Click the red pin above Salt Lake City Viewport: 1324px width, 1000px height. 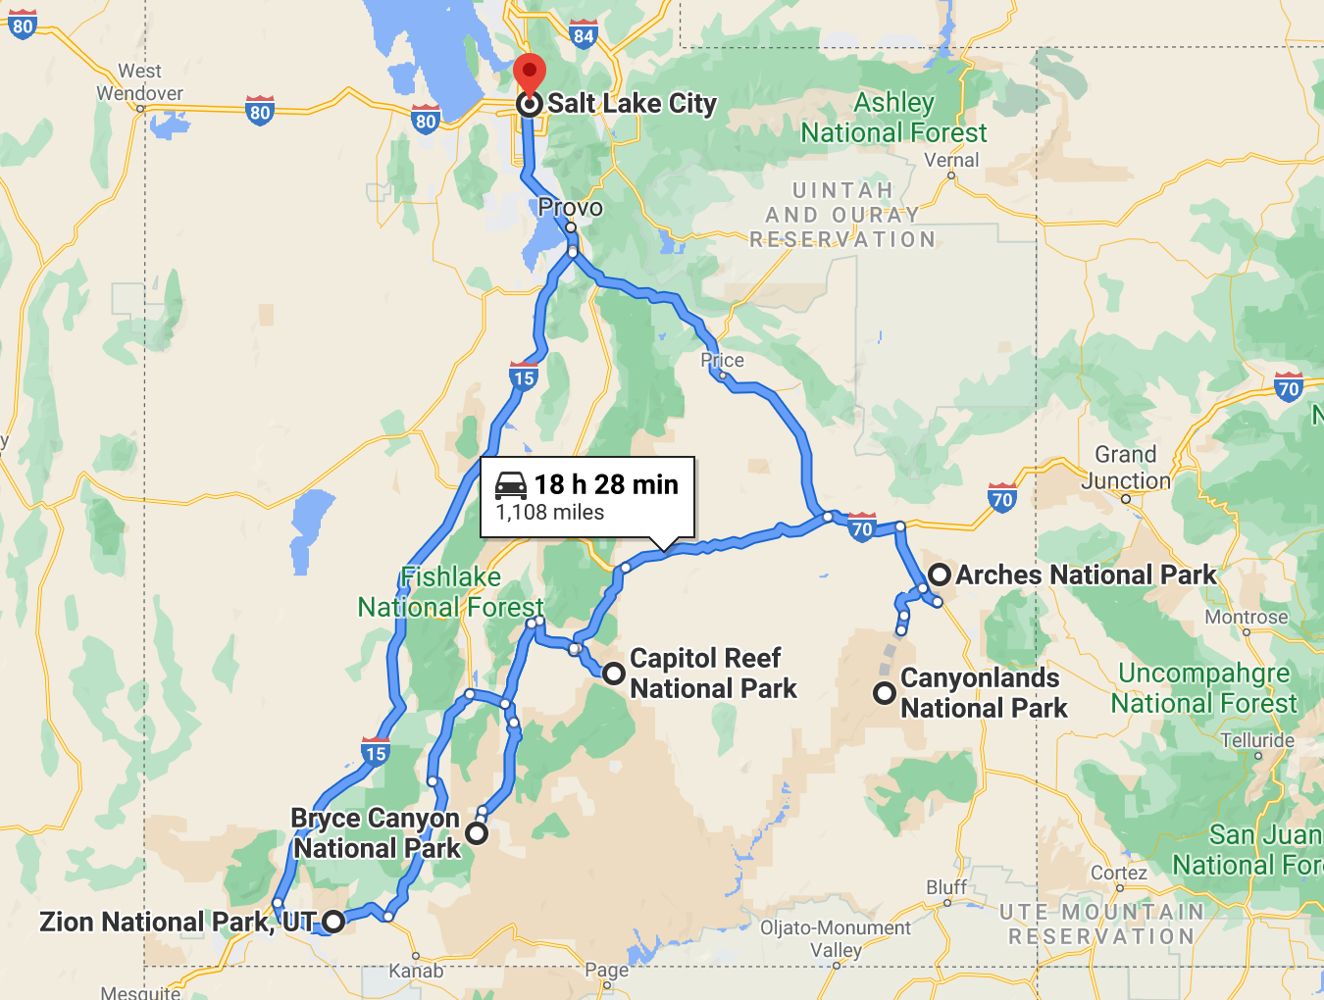click(x=530, y=73)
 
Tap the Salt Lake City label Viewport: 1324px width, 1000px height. click(x=632, y=103)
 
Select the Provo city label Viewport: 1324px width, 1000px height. click(x=570, y=207)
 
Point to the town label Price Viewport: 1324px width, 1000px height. click(x=722, y=360)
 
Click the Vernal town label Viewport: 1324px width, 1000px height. click(x=951, y=160)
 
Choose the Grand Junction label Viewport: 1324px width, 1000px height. click(x=1126, y=468)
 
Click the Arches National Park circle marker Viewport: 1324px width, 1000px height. click(x=940, y=575)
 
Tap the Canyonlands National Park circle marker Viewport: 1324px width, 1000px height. click(x=885, y=693)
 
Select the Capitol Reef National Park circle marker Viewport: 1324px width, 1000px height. click(x=614, y=674)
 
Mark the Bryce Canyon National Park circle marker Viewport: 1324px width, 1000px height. click(x=477, y=833)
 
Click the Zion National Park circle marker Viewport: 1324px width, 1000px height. click(x=333, y=922)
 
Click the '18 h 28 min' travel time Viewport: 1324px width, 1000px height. click(x=606, y=484)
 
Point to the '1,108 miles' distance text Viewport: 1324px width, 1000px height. click(x=550, y=513)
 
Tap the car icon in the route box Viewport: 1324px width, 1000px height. click(x=511, y=484)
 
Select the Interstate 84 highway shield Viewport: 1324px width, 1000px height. click(x=584, y=35)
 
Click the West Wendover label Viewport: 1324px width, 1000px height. click(x=139, y=82)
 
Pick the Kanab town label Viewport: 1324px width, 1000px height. click(x=416, y=971)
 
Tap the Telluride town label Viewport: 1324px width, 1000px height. click(x=1257, y=740)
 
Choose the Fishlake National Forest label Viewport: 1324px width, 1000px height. click(x=450, y=592)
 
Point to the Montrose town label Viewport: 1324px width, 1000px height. click(x=1246, y=617)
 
